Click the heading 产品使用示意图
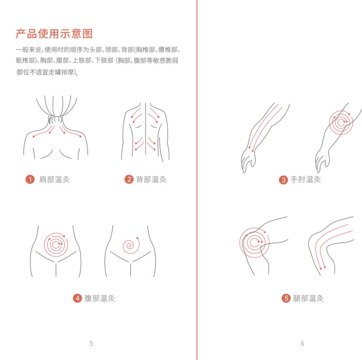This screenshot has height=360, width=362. click(x=54, y=34)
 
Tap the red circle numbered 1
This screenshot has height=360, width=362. click(x=30, y=179)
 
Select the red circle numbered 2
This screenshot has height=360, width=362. click(x=129, y=179)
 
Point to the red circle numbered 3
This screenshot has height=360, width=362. click(x=283, y=180)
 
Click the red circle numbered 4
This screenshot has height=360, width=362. click(x=77, y=298)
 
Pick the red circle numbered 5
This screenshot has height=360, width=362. click(x=286, y=298)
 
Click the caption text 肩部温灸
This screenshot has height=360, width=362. click(x=54, y=179)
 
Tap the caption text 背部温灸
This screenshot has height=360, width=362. click(x=151, y=179)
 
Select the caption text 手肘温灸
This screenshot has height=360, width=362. click(x=306, y=180)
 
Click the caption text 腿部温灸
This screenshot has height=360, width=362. click(x=308, y=298)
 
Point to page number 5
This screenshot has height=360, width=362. click(x=91, y=343)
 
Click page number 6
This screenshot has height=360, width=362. click(x=302, y=343)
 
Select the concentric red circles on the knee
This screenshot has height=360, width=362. click(x=254, y=242)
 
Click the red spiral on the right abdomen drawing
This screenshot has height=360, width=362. click(x=130, y=245)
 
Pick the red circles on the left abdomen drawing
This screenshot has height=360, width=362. click(x=56, y=244)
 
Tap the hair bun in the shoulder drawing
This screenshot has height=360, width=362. click(x=56, y=119)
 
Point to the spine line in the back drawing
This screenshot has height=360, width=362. click(x=145, y=131)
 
